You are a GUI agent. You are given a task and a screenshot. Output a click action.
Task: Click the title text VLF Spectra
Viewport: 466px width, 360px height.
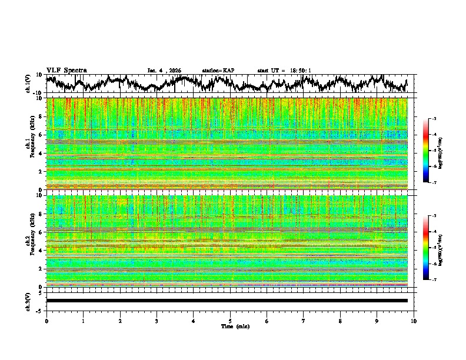(x=66, y=70)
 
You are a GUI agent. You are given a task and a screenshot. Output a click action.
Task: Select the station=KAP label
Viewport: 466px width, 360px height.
(x=218, y=71)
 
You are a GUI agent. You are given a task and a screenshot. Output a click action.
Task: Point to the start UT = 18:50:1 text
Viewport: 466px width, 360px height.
(x=284, y=71)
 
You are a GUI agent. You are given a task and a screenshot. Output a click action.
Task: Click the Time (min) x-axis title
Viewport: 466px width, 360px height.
(x=230, y=326)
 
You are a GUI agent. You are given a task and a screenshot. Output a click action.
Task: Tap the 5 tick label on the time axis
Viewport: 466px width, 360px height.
(x=230, y=321)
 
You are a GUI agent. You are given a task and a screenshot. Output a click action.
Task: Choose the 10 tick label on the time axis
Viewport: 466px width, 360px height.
(x=414, y=321)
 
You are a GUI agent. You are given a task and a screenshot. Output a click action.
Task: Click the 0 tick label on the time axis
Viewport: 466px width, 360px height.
(x=46, y=321)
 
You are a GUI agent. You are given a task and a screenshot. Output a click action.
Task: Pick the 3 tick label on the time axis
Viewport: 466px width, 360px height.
(x=157, y=321)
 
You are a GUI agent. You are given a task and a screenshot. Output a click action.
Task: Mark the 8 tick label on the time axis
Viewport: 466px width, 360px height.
(x=340, y=321)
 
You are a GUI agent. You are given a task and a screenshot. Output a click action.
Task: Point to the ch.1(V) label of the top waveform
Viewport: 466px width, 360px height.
(x=28, y=84)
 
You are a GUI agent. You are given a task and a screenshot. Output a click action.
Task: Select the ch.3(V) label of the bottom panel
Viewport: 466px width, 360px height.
(x=28, y=301)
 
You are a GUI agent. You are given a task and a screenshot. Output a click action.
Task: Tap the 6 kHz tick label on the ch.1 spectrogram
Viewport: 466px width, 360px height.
(x=39, y=135)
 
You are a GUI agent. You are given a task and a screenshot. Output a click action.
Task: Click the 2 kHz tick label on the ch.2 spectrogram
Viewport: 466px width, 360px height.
(x=39, y=269)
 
